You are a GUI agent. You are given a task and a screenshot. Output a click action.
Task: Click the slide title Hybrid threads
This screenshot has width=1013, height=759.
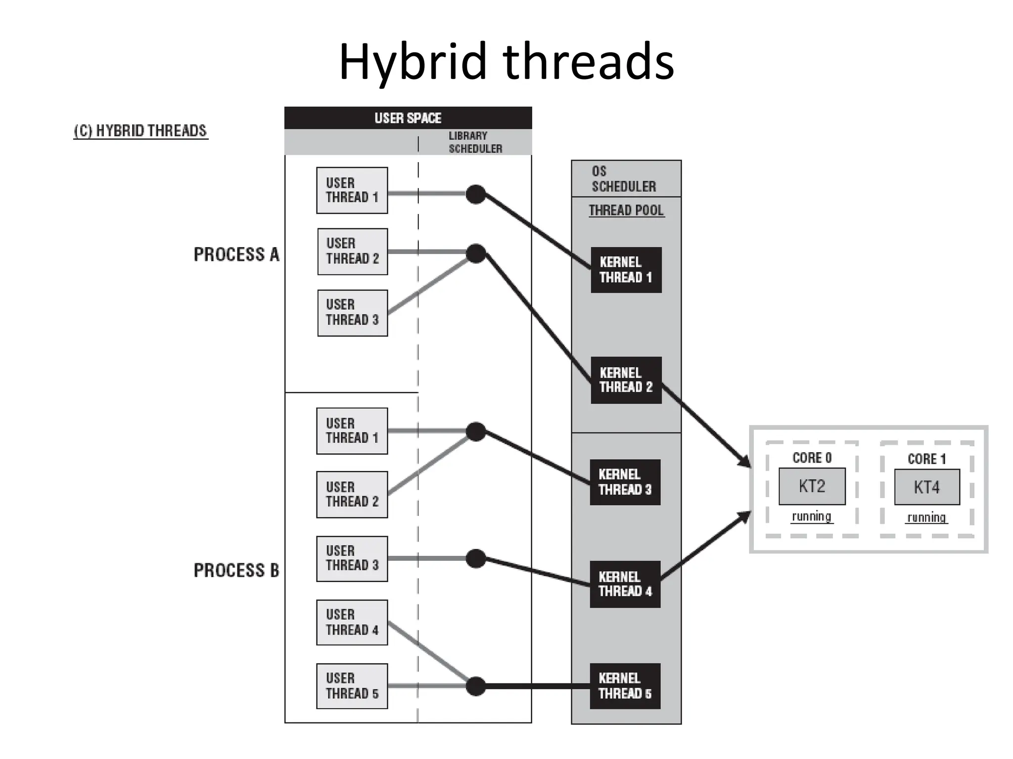click(x=506, y=62)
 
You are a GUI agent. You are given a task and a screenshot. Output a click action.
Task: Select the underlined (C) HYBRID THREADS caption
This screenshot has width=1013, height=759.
click(x=140, y=131)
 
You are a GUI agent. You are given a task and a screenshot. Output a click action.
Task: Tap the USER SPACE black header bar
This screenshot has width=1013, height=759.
click(x=408, y=118)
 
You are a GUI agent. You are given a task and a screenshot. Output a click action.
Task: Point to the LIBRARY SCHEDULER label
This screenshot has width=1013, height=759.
click(x=474, y=142)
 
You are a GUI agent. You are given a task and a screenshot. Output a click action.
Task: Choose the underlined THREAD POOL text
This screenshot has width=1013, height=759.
click(x=626, y=211)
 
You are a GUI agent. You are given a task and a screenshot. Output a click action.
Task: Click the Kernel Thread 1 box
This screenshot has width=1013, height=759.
click(x=626, y=270)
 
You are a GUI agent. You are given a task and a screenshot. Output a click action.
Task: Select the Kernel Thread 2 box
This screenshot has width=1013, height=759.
click(x=626, y=380)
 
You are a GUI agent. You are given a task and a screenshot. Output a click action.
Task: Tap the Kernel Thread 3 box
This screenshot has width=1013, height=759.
click(x=625, y=482)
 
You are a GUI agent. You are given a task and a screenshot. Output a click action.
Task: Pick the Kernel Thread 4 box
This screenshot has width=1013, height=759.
click(x=625, y=584)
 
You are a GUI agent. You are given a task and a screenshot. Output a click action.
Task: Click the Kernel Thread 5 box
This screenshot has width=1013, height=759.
click(x=625, y=686)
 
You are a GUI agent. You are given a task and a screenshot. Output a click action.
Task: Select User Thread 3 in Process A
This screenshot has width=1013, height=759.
click(x=352, y=313)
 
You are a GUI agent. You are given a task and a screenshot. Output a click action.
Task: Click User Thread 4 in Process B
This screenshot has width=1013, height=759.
click(x=352, y=623)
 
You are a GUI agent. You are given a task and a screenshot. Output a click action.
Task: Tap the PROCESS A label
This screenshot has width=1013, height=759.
click(x=236, y=255)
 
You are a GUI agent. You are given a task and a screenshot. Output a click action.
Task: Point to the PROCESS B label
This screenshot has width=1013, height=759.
click(x=236, y=571)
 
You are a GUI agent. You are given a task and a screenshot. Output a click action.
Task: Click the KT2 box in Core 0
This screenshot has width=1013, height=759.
click(x=812, y=487)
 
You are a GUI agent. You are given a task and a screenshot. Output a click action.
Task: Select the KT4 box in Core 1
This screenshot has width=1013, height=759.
click(x=927, y=488)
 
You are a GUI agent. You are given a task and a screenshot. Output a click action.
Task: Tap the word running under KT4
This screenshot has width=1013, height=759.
click(x=927, y=517)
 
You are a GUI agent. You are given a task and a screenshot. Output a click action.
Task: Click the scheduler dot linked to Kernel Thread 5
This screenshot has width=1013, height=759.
click(x=476, y=686)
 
